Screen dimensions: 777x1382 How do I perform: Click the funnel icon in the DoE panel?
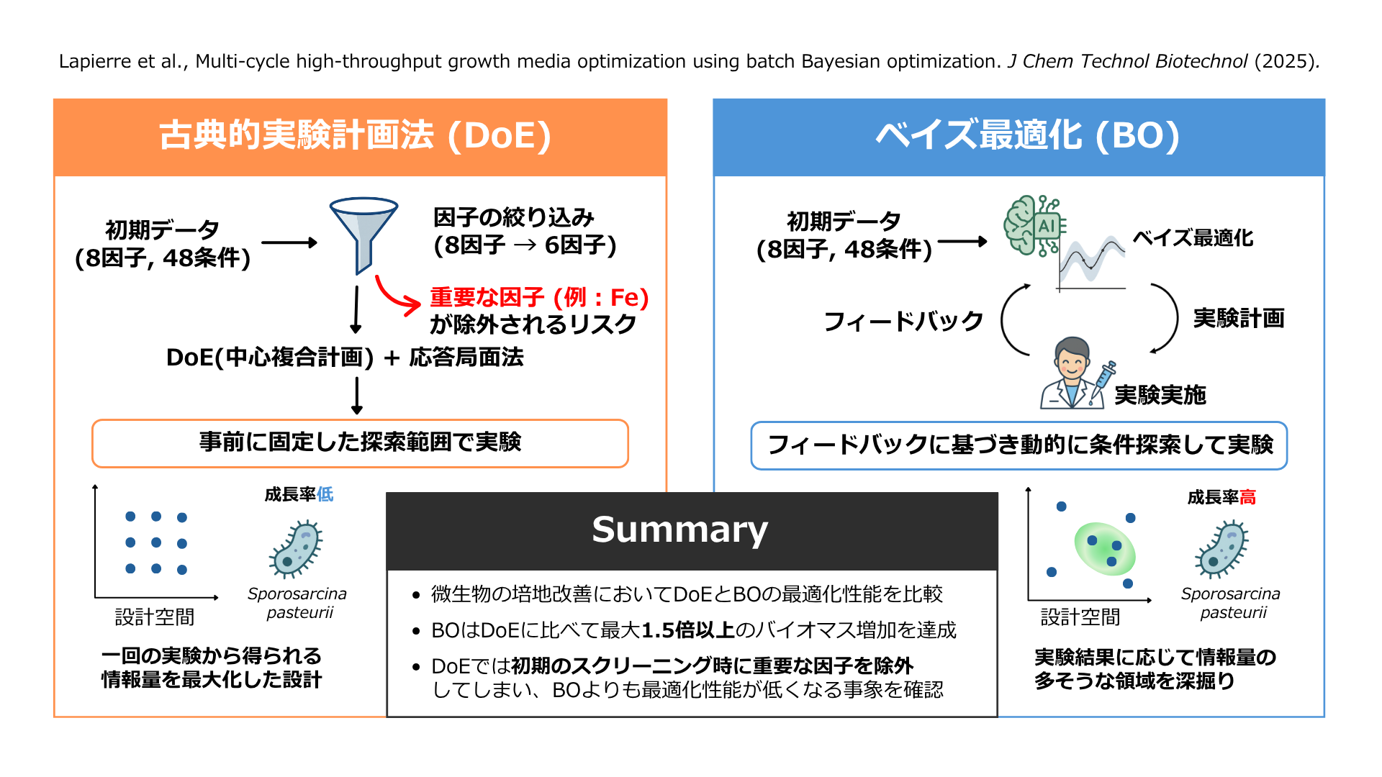[363, 230]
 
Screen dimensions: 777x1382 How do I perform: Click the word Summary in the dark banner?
[679, 530]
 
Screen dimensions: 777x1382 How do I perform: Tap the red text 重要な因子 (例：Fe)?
[539, 297]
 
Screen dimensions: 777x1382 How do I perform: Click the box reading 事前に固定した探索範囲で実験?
[360, 442]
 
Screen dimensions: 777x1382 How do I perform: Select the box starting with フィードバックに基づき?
[1019, 445]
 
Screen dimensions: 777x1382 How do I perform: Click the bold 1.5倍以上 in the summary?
[687, 630]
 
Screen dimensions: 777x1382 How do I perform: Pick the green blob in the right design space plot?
[1104, 549]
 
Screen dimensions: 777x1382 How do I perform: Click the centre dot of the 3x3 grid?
[156, 542]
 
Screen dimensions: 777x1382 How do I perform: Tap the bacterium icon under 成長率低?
[296, 550]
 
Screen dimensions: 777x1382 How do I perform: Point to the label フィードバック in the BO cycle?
[903, 321]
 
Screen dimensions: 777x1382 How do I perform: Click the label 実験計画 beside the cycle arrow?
[1238, 318]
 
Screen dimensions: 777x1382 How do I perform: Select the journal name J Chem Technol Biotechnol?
[1127, 61]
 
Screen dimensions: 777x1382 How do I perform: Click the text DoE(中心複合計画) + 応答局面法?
[345, 358]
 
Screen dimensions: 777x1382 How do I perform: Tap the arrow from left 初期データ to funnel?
[289, 243]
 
